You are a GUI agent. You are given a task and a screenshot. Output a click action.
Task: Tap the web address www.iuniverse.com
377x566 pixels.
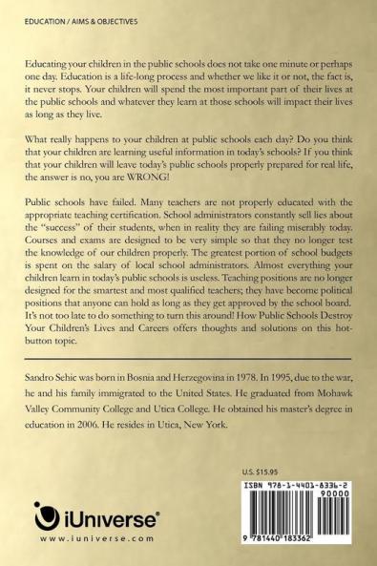click(84, 538)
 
